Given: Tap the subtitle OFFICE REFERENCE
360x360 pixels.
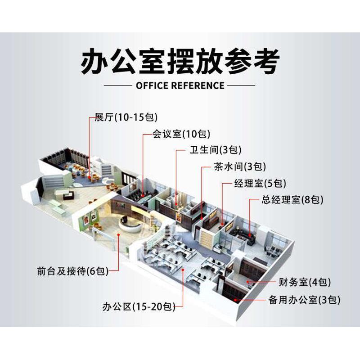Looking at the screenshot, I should (180, 85).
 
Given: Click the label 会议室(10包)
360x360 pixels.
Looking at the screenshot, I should (175, 134).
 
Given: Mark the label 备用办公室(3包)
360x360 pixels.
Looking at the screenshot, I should (304, 299).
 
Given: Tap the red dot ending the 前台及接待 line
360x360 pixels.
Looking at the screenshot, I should (118, 234).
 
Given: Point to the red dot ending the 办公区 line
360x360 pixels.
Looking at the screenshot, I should (184, 270).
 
